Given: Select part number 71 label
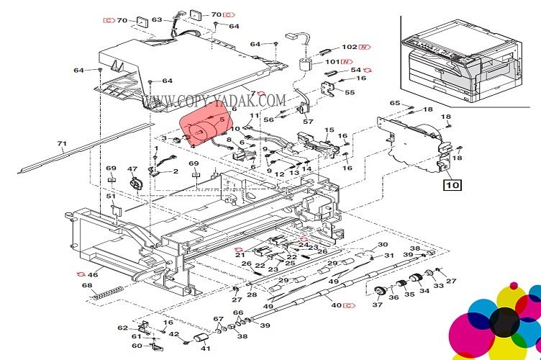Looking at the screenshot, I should point(62,144).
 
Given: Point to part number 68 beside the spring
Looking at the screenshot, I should point(87,286).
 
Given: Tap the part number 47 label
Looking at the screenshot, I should point(132,170).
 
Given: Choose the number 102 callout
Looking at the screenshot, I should point(350,47).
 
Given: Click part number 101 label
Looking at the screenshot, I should point(332,62).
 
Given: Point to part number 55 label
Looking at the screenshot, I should point(350,92).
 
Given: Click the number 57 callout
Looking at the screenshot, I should point(308,122).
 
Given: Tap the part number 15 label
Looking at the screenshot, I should point(329,130).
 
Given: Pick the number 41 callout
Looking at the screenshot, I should point(206,348).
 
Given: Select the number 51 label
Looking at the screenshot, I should point(111,196).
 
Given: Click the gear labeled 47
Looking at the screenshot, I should point(133,183).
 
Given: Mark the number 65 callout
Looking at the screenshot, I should point(394,104).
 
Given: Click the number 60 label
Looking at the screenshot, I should point(137,346).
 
